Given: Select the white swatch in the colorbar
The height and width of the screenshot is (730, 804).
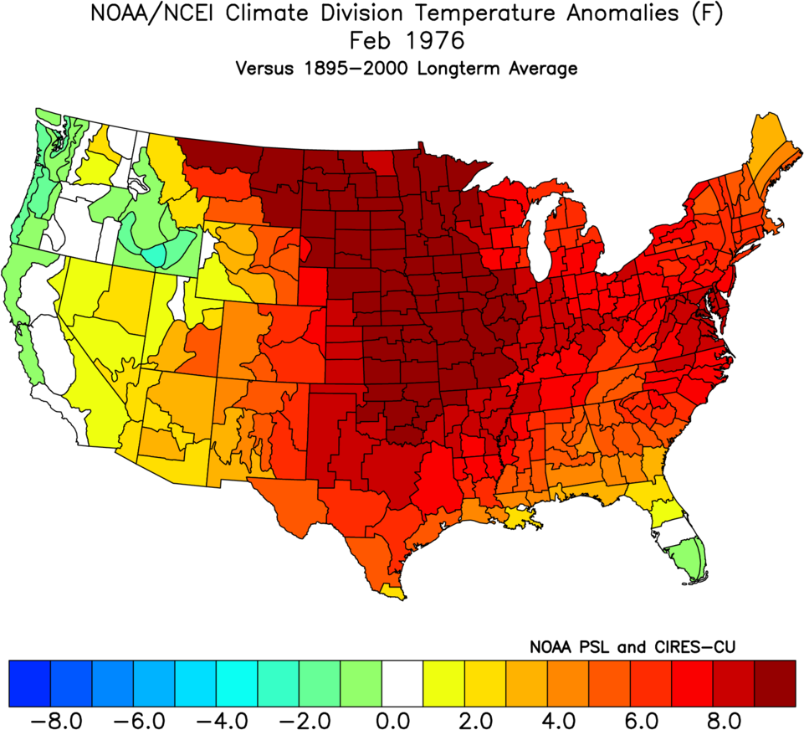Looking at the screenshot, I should pos(402,682).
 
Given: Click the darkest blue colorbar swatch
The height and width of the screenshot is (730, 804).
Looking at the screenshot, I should pos(30,682).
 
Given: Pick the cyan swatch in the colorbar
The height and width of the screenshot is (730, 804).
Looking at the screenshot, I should pos(237,682).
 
